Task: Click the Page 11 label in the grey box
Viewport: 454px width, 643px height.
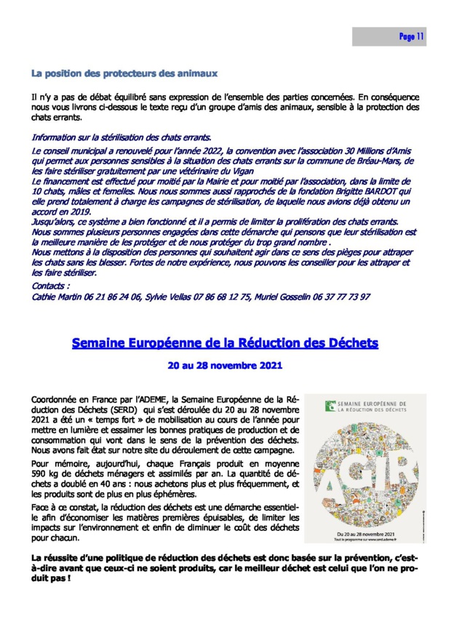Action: tap(412, 37)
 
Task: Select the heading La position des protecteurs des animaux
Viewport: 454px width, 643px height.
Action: tap(124, 73)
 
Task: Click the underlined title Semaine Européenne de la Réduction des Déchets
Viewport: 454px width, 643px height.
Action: tap(225, 342)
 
